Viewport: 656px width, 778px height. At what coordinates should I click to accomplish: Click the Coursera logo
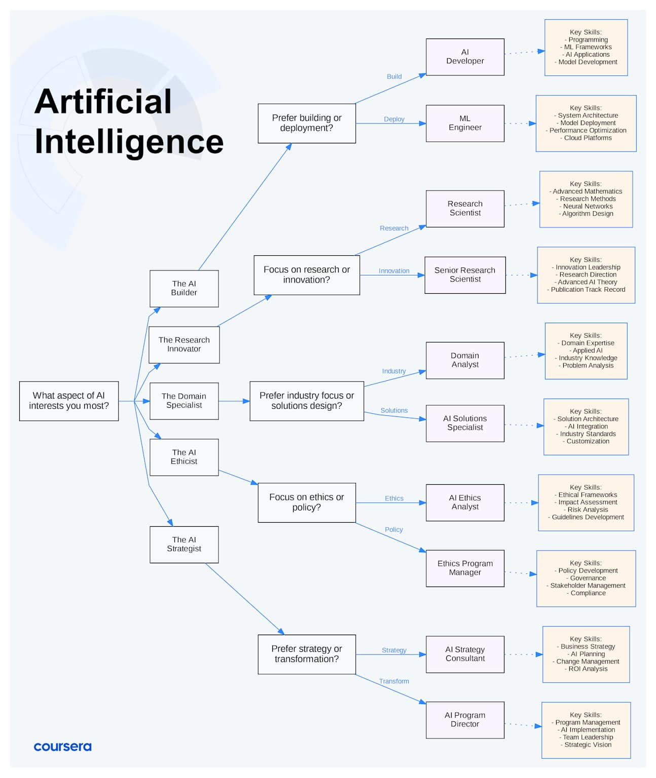pos(62,747)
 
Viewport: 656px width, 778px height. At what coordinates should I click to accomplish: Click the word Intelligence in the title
pos(129,142)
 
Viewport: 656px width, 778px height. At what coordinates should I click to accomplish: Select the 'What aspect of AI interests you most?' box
pos(69,401)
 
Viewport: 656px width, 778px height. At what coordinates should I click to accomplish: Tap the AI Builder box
pos(184,288)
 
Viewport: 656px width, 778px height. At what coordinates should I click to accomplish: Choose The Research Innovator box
pos(184,344)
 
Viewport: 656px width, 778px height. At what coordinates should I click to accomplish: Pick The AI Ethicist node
pos(184,457)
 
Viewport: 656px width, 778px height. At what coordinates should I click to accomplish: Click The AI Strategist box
pos(184,544)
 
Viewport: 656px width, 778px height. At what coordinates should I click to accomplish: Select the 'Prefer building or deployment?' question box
pos(307,123)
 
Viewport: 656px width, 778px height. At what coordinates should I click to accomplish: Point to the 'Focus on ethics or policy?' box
pos(307,502)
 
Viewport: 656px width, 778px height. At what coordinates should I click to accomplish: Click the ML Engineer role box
pos(465,123)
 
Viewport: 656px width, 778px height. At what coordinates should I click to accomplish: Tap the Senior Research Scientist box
pos(465,275)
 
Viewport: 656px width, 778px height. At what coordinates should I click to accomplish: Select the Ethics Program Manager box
pos(465,568)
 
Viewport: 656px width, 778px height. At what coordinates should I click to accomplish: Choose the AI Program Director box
pos(465,720)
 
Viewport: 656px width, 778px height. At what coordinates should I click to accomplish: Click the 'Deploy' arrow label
pos(394,119)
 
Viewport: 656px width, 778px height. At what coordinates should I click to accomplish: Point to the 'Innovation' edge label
pos(394,271)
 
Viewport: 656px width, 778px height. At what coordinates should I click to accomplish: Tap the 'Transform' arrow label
pos(394,681)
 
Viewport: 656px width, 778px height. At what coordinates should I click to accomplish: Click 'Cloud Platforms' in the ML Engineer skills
pos(588,138)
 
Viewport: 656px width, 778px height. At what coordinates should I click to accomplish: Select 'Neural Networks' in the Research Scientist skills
pos(588,206)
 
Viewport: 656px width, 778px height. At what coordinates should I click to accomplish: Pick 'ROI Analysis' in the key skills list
pos(588,669)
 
